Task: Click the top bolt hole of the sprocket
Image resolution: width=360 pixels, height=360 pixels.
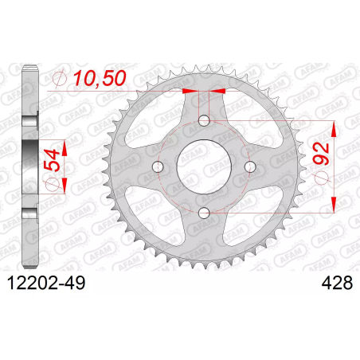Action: click(204, 121)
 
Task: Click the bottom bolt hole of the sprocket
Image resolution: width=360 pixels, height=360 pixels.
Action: click(204, 213)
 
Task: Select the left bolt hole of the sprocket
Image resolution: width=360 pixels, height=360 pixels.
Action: click(158, 166)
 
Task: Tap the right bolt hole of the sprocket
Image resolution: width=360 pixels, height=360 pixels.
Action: click(250, 166)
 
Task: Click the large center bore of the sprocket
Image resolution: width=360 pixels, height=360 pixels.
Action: click(204, 166)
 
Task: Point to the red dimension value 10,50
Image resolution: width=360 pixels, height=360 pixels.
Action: click(100, 78)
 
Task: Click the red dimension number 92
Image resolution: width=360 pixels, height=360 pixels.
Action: click(321, 154)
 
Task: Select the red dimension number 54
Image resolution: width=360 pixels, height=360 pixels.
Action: click(52, 160)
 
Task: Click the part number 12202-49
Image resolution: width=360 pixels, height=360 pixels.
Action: click(46, 283)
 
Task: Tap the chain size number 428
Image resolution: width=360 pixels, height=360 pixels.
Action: click(337, 283)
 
